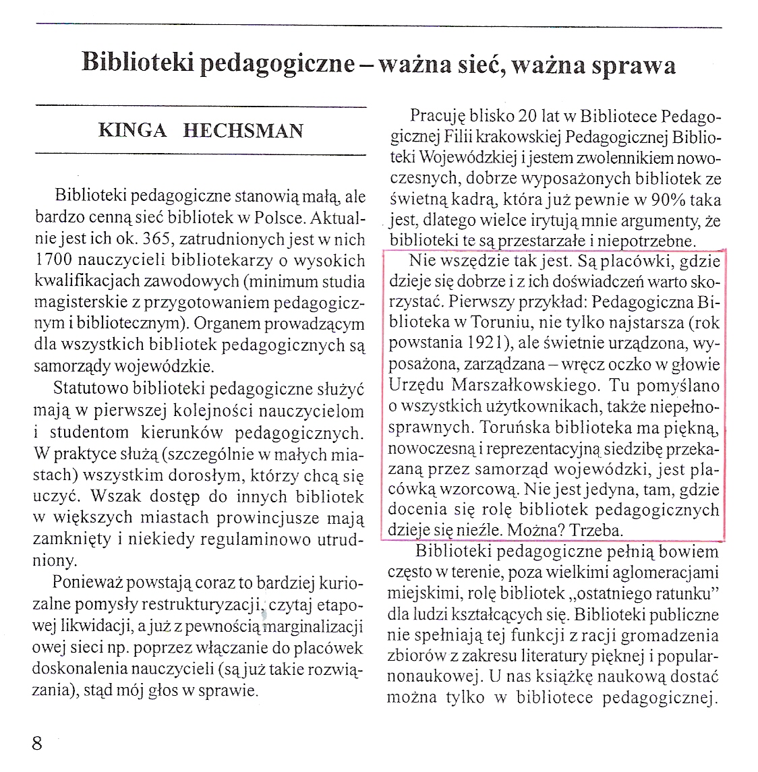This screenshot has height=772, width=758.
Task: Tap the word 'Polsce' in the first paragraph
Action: point(279,219)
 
